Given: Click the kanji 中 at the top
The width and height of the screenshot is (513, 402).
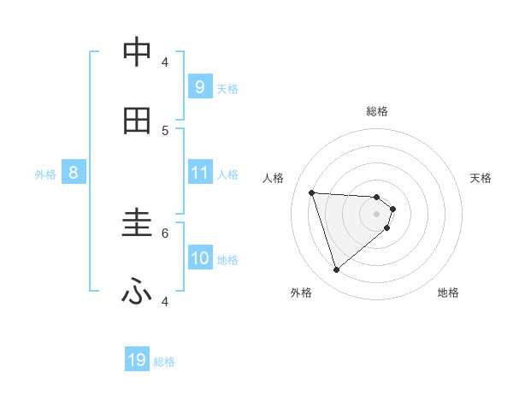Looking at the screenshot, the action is pos(137,52).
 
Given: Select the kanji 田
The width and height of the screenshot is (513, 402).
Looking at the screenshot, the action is pos(137,121).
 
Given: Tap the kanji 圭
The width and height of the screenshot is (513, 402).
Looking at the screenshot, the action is pos(137,224).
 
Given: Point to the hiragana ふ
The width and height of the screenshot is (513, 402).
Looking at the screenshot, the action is pos(137,293).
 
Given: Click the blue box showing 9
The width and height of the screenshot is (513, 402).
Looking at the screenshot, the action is pos(199,86).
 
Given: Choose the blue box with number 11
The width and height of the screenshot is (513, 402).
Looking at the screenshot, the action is pos(199,173).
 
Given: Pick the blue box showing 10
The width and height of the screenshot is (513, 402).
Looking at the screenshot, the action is pos(200,258).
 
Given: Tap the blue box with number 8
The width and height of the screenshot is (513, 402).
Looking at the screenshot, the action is pos(74,173).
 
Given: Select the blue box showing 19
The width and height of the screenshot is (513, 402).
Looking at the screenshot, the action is pos(137,360).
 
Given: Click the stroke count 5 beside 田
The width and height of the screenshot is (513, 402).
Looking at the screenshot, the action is pos(165,130).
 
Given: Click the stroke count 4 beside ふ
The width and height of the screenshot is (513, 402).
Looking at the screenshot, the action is pos(165,301).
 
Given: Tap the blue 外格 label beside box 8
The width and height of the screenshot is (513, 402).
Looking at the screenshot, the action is pos(45,174).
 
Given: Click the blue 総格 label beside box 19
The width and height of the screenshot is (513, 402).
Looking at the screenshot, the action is pos(164,362).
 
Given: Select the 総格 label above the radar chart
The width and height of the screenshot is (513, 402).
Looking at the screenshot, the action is pos(377,111).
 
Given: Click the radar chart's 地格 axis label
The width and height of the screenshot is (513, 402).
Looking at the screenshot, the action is pos(448,293).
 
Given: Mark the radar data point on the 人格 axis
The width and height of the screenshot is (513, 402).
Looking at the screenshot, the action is pos(312,192).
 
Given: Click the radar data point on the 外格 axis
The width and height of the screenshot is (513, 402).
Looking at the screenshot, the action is pos(336,270).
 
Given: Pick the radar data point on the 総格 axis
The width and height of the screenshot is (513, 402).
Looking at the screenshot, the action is pos(377,197).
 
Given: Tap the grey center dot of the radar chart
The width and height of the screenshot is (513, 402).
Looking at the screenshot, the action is pos(377,214).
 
